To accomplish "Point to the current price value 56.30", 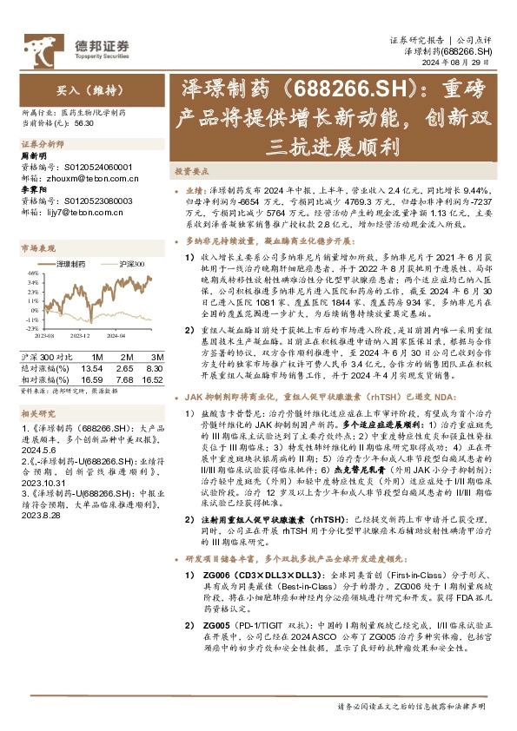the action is pyautogui.click(x=84, y=124).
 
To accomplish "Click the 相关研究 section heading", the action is pyautogui.click(x=35, y=414).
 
